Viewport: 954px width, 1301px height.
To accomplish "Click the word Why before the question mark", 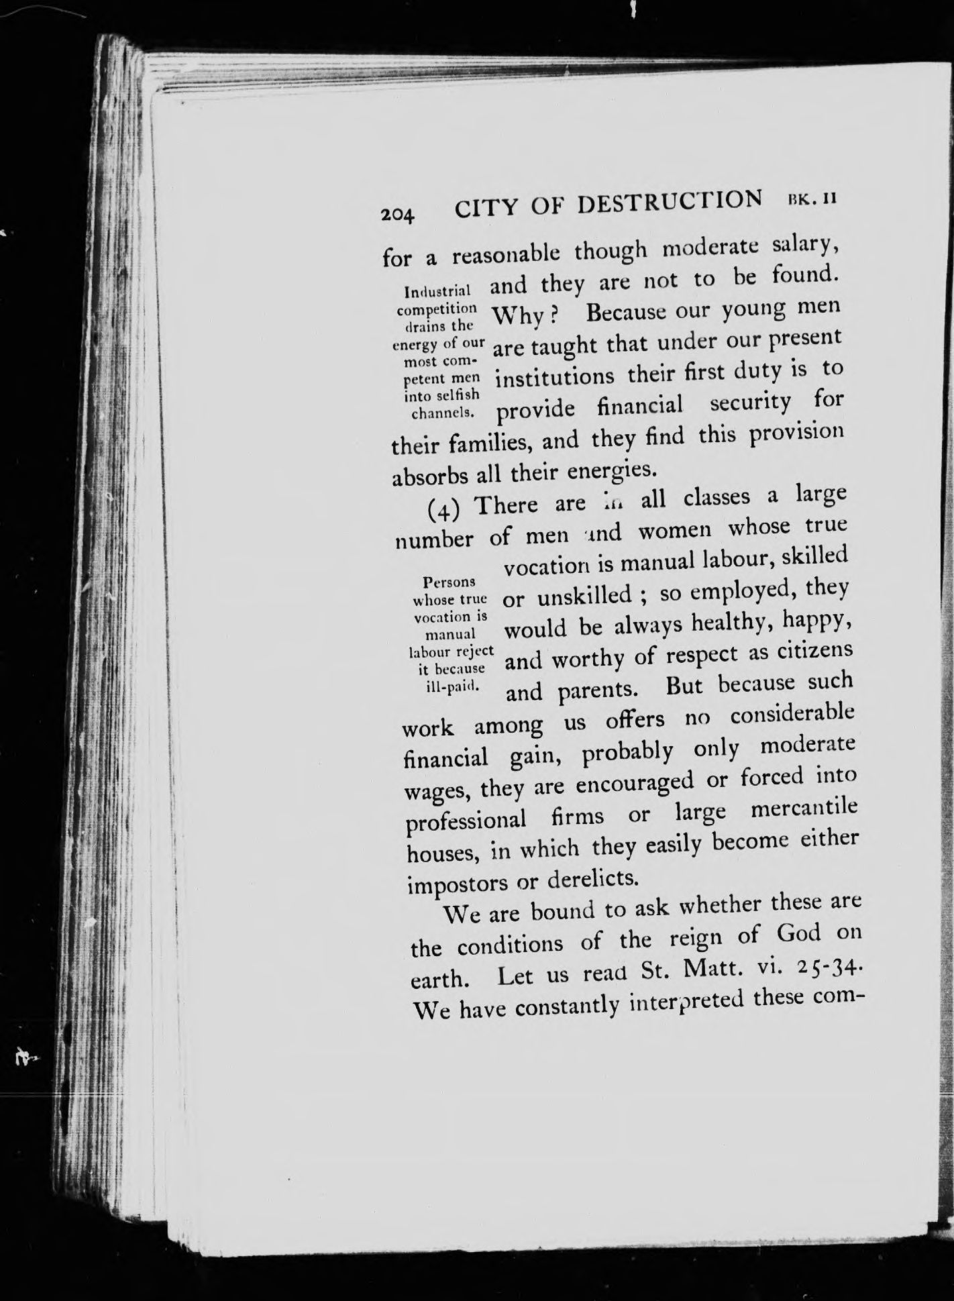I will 518,315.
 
